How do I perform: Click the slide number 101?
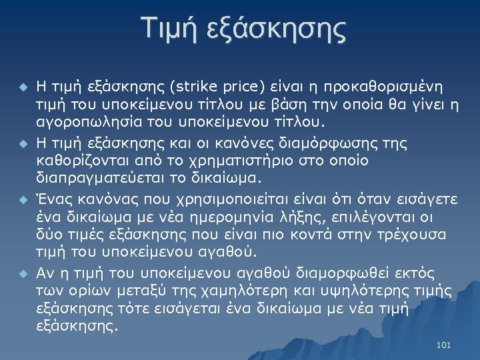pyautogui.click(x=443, y=345)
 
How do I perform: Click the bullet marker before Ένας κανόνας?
pyautogui.click(x=23, y=199)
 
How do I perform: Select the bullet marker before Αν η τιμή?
pyautogui.click(x=23, y=273)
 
